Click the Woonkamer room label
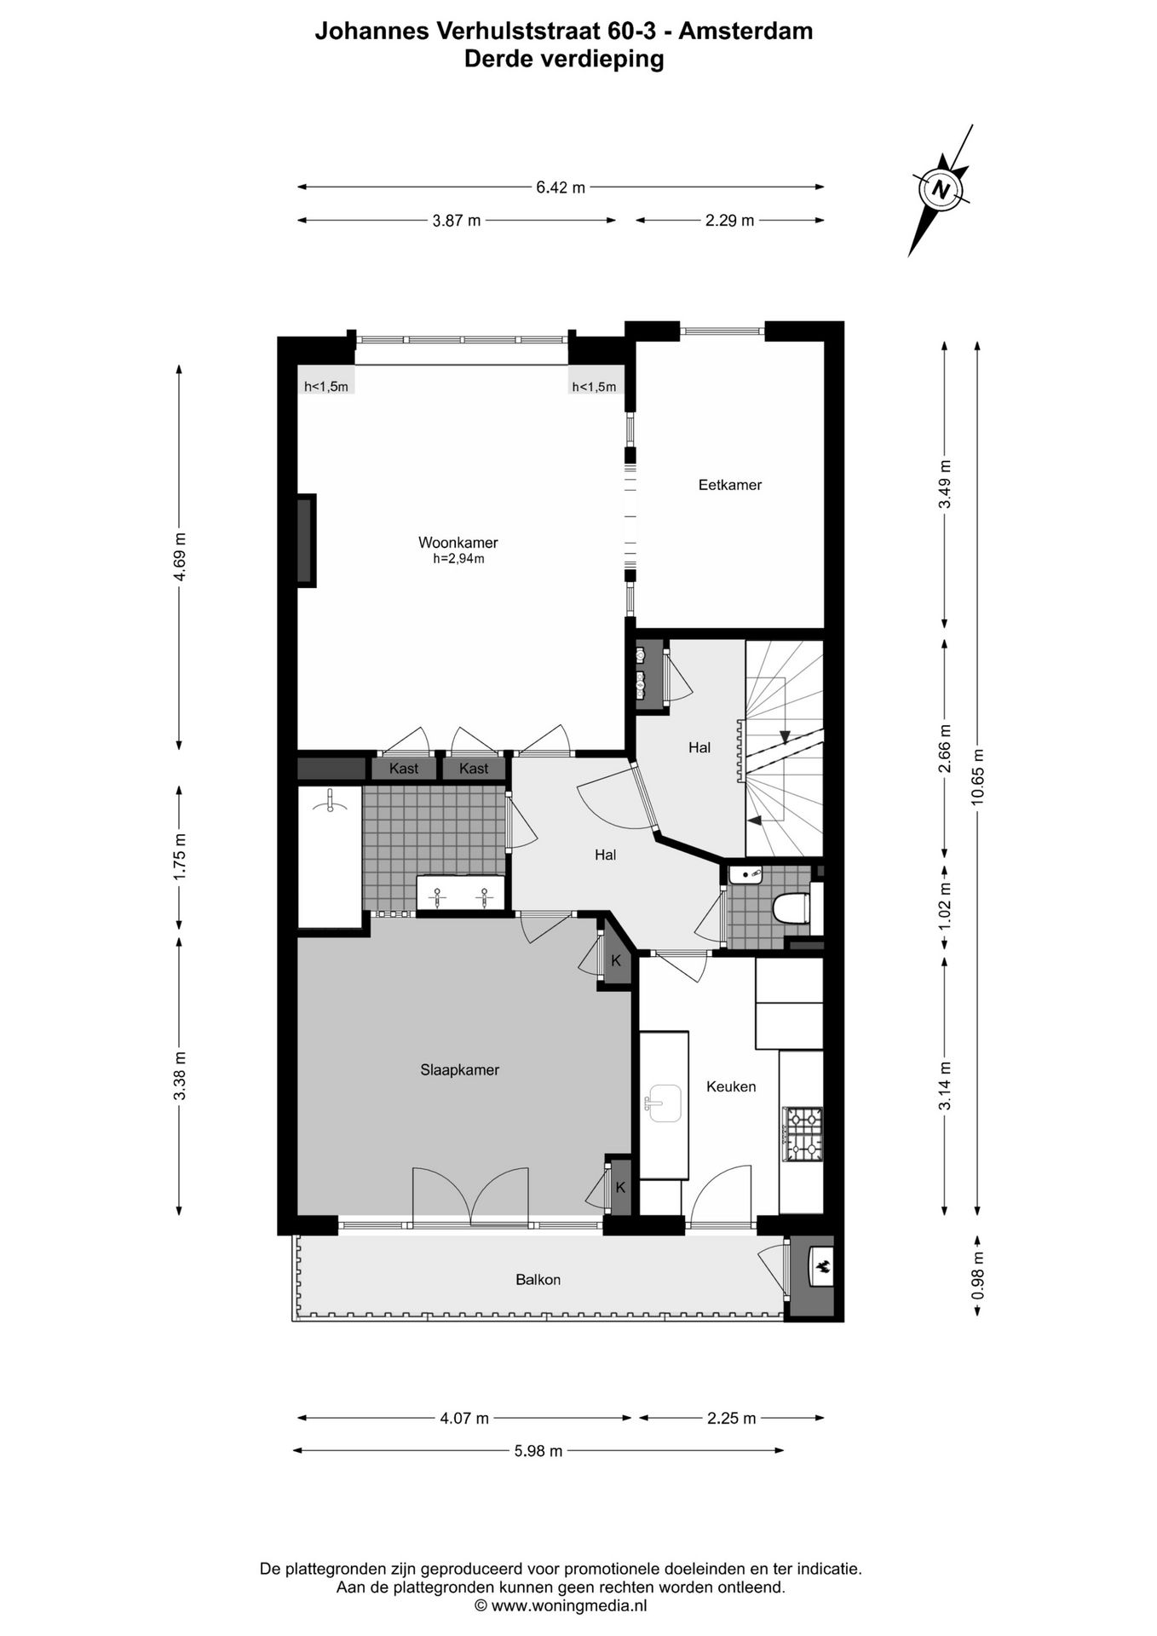(458, 543)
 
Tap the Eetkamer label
(729, 485)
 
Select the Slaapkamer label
(459, 1070)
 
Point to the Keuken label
(731, 1086)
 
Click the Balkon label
(538, 1279)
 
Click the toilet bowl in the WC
(790, 907)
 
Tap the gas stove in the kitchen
(803, 1134)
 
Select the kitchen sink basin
(665, 1104)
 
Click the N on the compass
(941, 189)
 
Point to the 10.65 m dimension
(977, 776)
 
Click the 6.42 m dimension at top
(561, 187)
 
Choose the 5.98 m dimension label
(538, 1451)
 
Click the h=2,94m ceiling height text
(458, 559)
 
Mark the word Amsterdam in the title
(747, 32)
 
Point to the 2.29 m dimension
(729, 221)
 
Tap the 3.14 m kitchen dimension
(944, 1085)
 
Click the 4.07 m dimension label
(464, 1419)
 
